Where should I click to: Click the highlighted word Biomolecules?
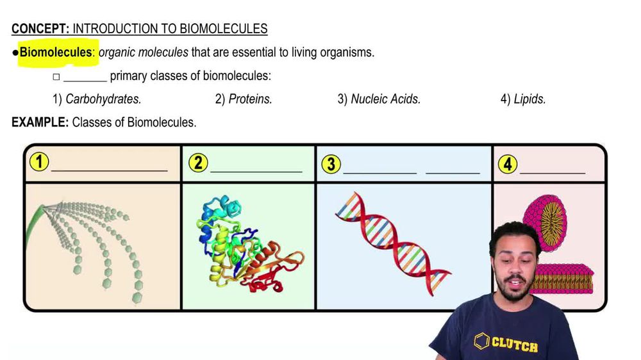click(x=56, y=53)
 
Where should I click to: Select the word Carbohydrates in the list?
click(x=103, y=99)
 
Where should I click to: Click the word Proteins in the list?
click(x=250, y=99)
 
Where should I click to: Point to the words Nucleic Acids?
click(x=385, y=99)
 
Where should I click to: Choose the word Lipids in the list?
click(x=530, y=99)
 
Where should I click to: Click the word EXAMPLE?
click(x=40, y=122)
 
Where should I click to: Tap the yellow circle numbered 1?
click(x=39, y=161)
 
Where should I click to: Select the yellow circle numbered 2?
click(x=198, y=163)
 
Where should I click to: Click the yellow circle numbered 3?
click(x=331, y=164)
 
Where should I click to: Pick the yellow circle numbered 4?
click(x=508, y=164)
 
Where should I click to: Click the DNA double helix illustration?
click(x=394, y=244)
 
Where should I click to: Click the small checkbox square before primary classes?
click(x=56, y=77)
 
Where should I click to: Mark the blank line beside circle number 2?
click(x=256, y=172)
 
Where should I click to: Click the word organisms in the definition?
click(x=347, y=53)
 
